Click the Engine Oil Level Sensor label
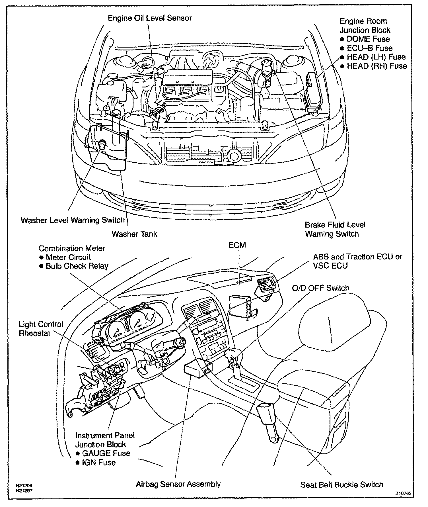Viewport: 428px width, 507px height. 150,18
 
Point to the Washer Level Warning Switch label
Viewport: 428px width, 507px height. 73,220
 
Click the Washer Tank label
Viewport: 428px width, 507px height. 134,234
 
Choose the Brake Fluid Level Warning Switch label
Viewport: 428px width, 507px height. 335,229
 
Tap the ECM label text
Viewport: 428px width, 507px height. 237,245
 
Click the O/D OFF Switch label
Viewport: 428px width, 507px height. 321,288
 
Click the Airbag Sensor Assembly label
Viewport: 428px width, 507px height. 178,484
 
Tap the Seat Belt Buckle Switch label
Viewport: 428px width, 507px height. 342,485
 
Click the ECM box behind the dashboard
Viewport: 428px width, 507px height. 240,305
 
